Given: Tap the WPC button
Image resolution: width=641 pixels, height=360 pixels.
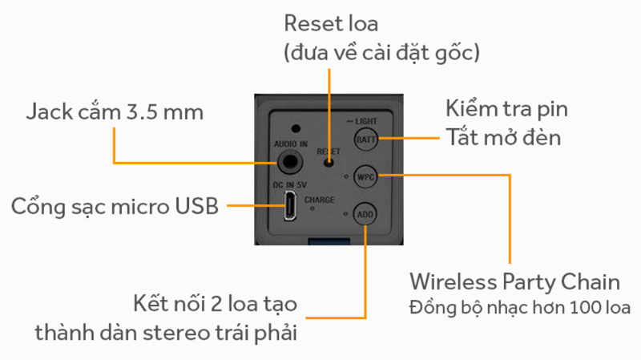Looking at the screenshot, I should tap(366, 176).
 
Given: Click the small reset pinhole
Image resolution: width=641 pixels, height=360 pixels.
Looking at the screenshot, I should tap(329, 161).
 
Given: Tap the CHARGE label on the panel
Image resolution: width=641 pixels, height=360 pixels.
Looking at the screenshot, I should tap(320, 200).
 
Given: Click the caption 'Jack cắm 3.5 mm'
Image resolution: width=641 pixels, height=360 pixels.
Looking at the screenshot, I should tap(114, 112).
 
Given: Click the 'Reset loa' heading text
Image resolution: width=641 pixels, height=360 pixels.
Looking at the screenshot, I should tap(332, 24).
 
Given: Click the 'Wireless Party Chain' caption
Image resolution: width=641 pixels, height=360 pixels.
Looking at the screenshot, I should tap(514, 282).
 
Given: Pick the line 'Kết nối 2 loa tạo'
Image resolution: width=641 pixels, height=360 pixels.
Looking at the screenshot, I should tap(214, 305).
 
